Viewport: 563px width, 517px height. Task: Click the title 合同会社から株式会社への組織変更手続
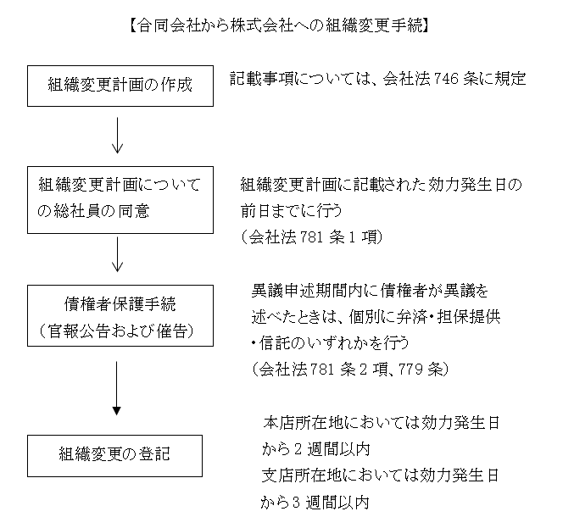279,25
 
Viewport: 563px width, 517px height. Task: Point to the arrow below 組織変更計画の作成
117,136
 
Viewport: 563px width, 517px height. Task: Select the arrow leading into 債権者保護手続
117,254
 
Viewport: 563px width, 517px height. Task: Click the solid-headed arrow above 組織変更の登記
116,388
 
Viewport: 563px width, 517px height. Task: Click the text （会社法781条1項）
312,237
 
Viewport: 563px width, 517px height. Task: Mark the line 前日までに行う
291,211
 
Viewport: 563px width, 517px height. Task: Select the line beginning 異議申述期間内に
370,291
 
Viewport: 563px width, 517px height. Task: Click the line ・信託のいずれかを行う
331,343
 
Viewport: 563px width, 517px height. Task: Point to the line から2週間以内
315,449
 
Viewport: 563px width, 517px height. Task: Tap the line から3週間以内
315,503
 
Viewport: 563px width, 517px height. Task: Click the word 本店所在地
303,423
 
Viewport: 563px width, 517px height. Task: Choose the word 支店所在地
302,475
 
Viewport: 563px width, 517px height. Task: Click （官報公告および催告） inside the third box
117,331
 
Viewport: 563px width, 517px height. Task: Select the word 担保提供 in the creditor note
469,317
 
